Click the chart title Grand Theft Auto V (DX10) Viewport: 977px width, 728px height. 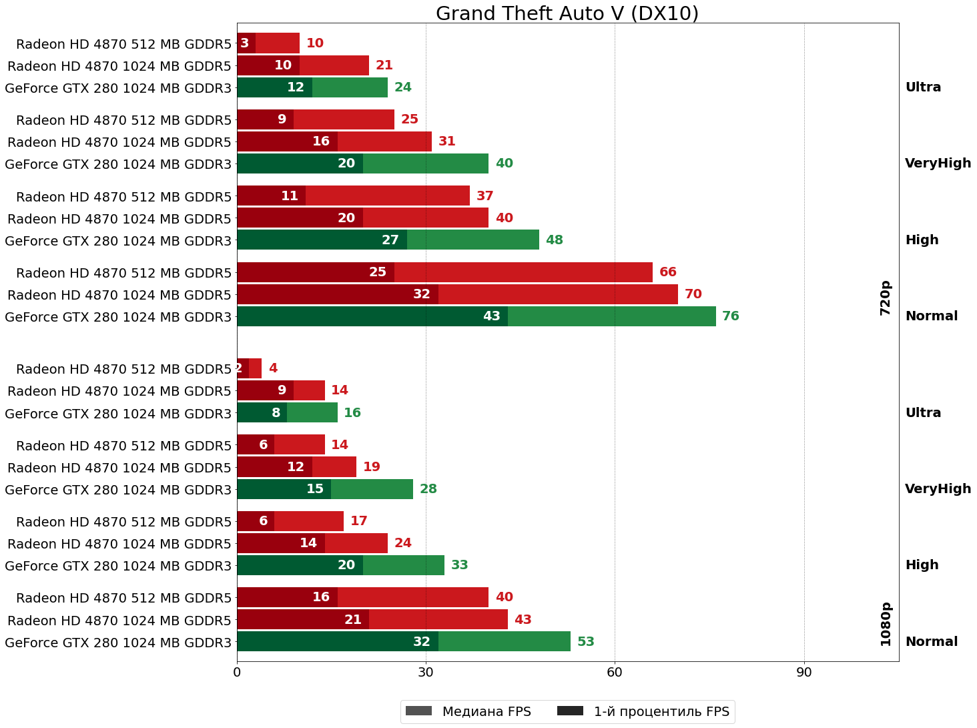pyautogui.click(x=567, y=13)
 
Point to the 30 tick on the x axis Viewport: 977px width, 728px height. pyautogui.click(x=426, y=673)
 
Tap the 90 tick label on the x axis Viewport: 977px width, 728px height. pyautogui.click(x=804, y=673)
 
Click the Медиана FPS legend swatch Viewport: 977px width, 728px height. pyautogui.click(x=418, y=711)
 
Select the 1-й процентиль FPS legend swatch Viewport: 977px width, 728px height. pyautogui.click(x=570, y=711)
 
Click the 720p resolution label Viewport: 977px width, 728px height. pyautogui.click(x=886, y=298)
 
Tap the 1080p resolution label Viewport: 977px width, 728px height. pyautogui.click(x=886, y=624)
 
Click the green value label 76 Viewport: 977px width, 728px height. pyautogui.click(x=731, y=316)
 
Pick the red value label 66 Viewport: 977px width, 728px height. pyautogui.click(x=668, y=272)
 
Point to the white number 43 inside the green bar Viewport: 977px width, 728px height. pyautogui.click(x=492, y=316)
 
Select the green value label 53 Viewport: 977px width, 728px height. pyautogui.click(x=586, y=642)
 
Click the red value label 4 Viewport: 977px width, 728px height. pyautogui.click(x=273, y=368)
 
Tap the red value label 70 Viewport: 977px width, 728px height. pyautogui.click(x=693, y=294)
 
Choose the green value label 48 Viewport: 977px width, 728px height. pyautogui.click(x=555, y=240)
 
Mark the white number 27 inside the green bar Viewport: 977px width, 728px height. pyautogui.click(x=390, y=240)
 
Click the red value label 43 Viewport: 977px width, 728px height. pyautogui.click(x=523, y=620)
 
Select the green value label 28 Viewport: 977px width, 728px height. pyautogui.click(x=428, y=489)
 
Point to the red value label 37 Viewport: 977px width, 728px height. pyautogui.click(x=485, y=196)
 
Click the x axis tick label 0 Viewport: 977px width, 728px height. pyautogui.click(x=237, y=673)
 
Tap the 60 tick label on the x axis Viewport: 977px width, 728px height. pyautogui.click(x=615, y=673)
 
